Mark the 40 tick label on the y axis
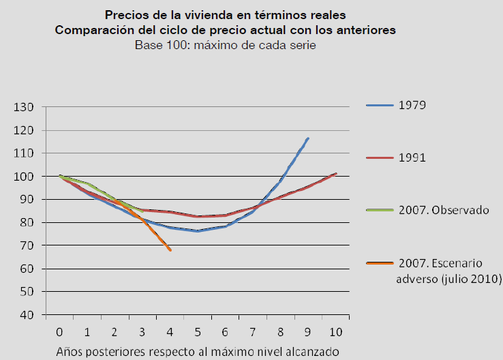click(26, 315)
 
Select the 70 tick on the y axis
click(26, 245)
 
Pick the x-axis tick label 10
click(335, 331)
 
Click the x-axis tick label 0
click(60, 331)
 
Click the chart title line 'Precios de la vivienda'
click(226, 14)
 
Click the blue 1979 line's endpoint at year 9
click(308, 138)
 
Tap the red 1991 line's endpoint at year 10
click(335, 173)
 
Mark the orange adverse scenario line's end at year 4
click(170, 250)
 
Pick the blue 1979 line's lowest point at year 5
click(198, 231)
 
